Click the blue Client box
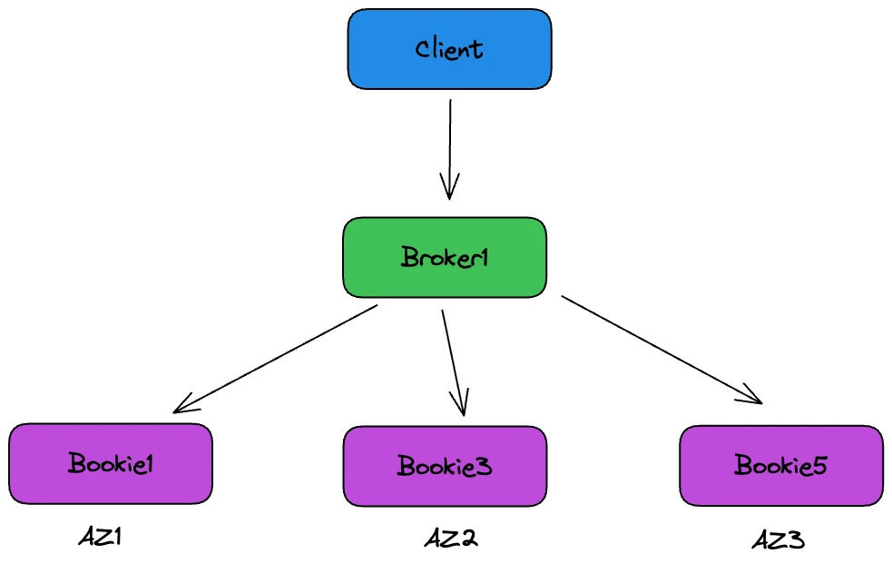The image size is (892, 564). tap(449, 49)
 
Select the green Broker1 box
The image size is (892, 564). tap(444, 257)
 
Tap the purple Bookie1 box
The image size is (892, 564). tap(110, 463)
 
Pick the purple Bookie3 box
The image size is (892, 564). tap(445, 466)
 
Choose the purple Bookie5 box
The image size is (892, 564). tap(780, 465)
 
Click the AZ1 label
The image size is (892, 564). tap(100, 537)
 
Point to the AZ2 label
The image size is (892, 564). tap(450, 539)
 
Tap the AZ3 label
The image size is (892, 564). tap(778, 541)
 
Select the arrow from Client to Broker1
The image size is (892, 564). tap(449, 145)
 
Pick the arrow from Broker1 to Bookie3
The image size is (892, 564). tap(453, 359)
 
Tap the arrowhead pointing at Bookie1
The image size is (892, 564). tap(181, 406)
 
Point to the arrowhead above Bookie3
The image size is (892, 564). tap(461, 406)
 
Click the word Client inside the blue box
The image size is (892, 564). tap(449, 49)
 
